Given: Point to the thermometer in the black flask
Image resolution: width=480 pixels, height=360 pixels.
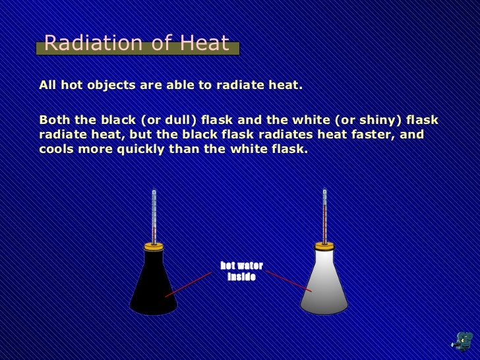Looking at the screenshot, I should pyautogui.click(x=154, y=214).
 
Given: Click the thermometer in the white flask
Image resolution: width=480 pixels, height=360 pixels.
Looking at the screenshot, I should pyautogui.click(x=324, y=214).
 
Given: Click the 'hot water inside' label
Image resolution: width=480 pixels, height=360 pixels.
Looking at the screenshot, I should pyautogui.click(x=241, y=271).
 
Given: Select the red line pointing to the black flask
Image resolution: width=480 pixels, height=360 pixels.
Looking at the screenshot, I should pyautogui.click(x=189, y=284).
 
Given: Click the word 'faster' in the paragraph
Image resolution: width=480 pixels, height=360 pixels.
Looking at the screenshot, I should pyautogui.click(x=378, y=135).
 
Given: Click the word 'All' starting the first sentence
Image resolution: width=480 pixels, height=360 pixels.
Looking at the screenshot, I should pyautogui.click(x=47, y=86).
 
